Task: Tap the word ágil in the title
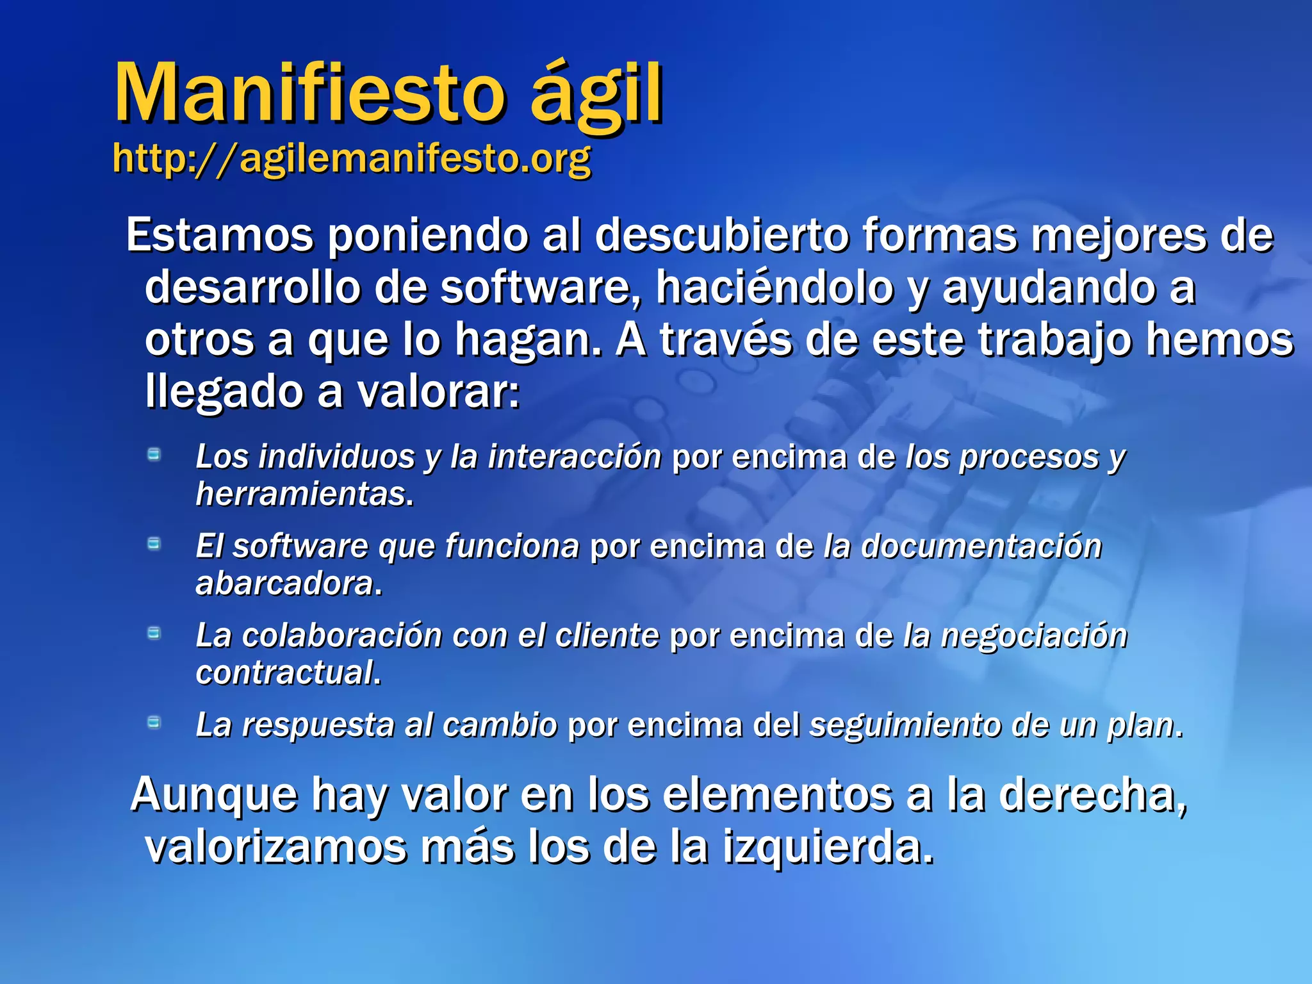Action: point(596,96)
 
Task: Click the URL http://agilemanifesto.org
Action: point(351,158)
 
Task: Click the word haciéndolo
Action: point(774,288)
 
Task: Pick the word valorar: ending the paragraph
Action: point(438,391)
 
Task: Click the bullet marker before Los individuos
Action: point(154,455)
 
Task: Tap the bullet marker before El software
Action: point(154,544)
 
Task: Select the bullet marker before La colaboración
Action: point(154,634)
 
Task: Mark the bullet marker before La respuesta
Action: point(154,723)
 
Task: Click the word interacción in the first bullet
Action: point(574,457)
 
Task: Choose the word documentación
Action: point(981,546)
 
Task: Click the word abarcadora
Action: point(286,584)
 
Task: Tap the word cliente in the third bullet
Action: point(607,636)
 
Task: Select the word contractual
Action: point(286,673)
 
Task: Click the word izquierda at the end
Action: point(826,847)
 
